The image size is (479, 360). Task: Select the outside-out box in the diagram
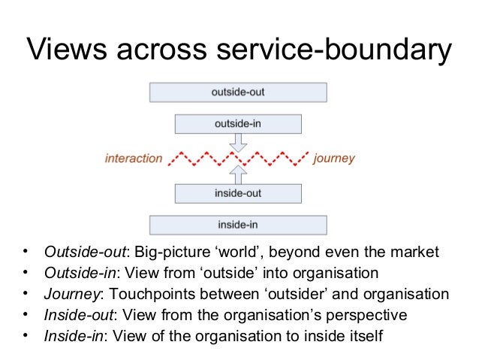pyautogui.click(x=238, y=92)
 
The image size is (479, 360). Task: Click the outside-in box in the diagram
pyautogui.click(x=238, y=122)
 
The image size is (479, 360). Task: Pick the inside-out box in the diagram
pyautogui.click(x=238, y=193)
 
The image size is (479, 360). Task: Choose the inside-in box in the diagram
pyautogui.click(x=238, y=224)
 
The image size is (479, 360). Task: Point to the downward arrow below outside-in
pyautogui.click(x=239, y=142)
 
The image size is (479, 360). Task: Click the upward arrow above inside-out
pyautogui.click(x=239, y=174)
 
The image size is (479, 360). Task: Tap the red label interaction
pyautogui.click(x=134, y=159)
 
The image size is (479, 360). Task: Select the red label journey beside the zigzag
pyautogui.click(x=334, y=159)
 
